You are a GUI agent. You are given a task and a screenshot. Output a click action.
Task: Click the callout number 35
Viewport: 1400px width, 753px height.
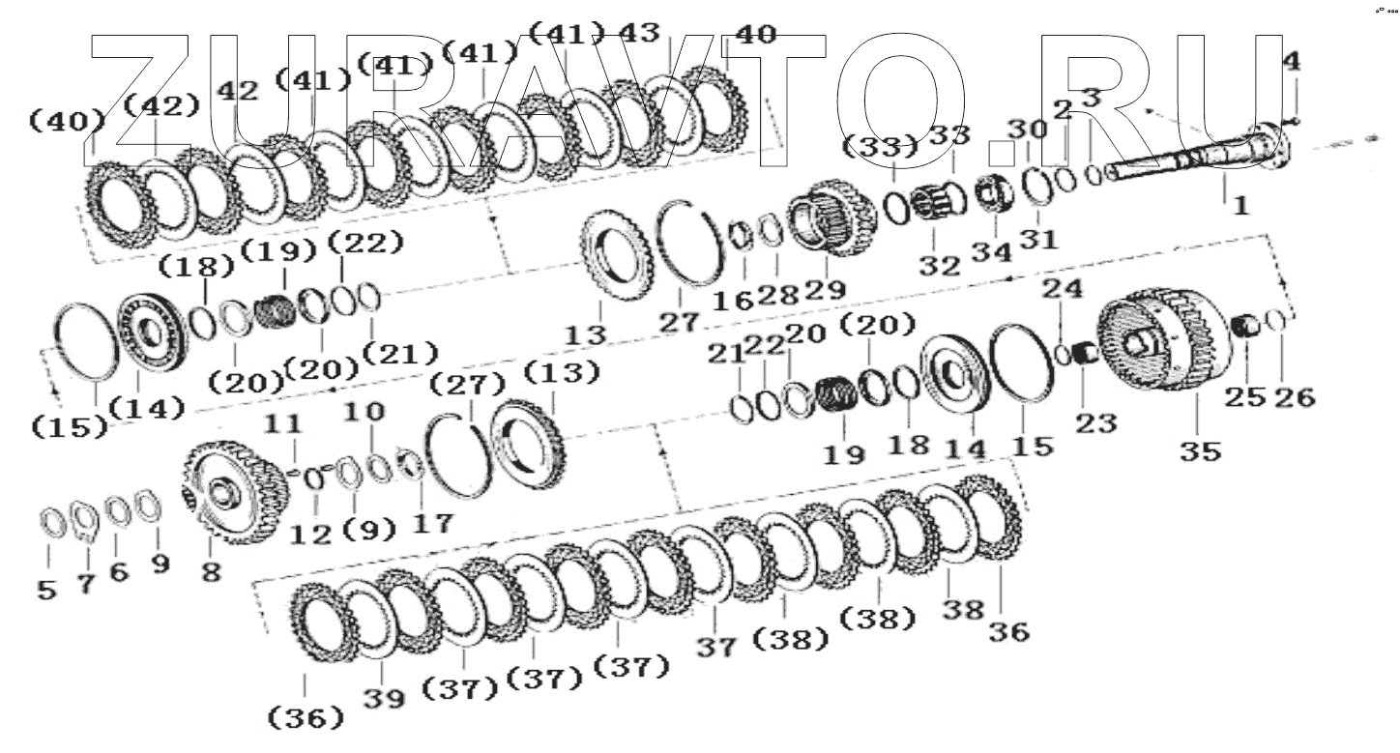1200,451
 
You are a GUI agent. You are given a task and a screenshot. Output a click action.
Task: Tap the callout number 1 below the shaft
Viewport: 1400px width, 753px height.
1240,206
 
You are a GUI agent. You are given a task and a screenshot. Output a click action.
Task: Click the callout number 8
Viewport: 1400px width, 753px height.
211,571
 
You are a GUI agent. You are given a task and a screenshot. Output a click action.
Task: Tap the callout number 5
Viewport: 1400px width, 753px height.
46,590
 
